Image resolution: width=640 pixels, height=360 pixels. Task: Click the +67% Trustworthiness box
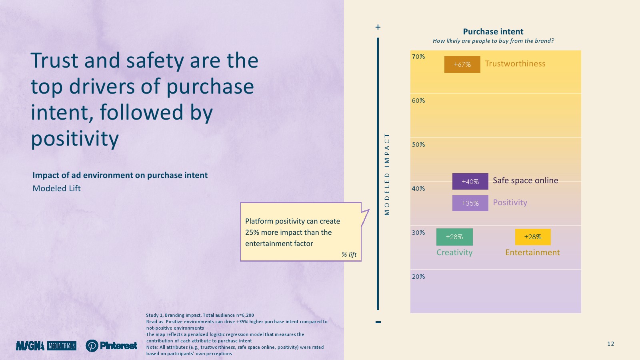tap(462, 64)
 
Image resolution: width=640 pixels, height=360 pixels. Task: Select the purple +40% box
tap(470, 181)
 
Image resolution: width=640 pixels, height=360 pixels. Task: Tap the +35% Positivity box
tap(470, 203)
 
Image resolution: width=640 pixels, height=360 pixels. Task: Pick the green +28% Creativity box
tap(454, 237)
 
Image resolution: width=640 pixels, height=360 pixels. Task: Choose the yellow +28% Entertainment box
tap(533, 237)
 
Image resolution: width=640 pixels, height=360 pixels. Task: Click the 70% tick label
tap(418, 57)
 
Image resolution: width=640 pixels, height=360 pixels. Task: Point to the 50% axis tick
tap(418, 145)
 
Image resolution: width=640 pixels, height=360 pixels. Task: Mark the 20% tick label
tap(418, 277)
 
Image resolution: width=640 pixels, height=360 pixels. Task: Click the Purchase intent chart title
tap(493, 32)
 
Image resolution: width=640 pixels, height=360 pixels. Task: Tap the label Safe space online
tap(525, 180)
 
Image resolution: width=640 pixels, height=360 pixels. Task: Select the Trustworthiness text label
tap(515, 64)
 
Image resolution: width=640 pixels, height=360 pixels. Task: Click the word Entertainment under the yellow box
tap(532, 252)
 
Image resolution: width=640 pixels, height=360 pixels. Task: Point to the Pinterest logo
tap(112, 346)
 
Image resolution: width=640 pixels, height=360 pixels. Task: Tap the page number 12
tap(610, 344)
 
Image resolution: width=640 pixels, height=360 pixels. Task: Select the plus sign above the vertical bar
tap(378, 27)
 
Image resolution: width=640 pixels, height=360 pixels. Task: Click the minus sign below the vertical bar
tap(378, 322)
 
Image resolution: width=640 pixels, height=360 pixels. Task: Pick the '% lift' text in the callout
tap(349, 254)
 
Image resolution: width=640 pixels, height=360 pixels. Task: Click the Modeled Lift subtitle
tap(57, 188)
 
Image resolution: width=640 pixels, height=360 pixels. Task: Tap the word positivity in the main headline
tap(75, 138)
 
